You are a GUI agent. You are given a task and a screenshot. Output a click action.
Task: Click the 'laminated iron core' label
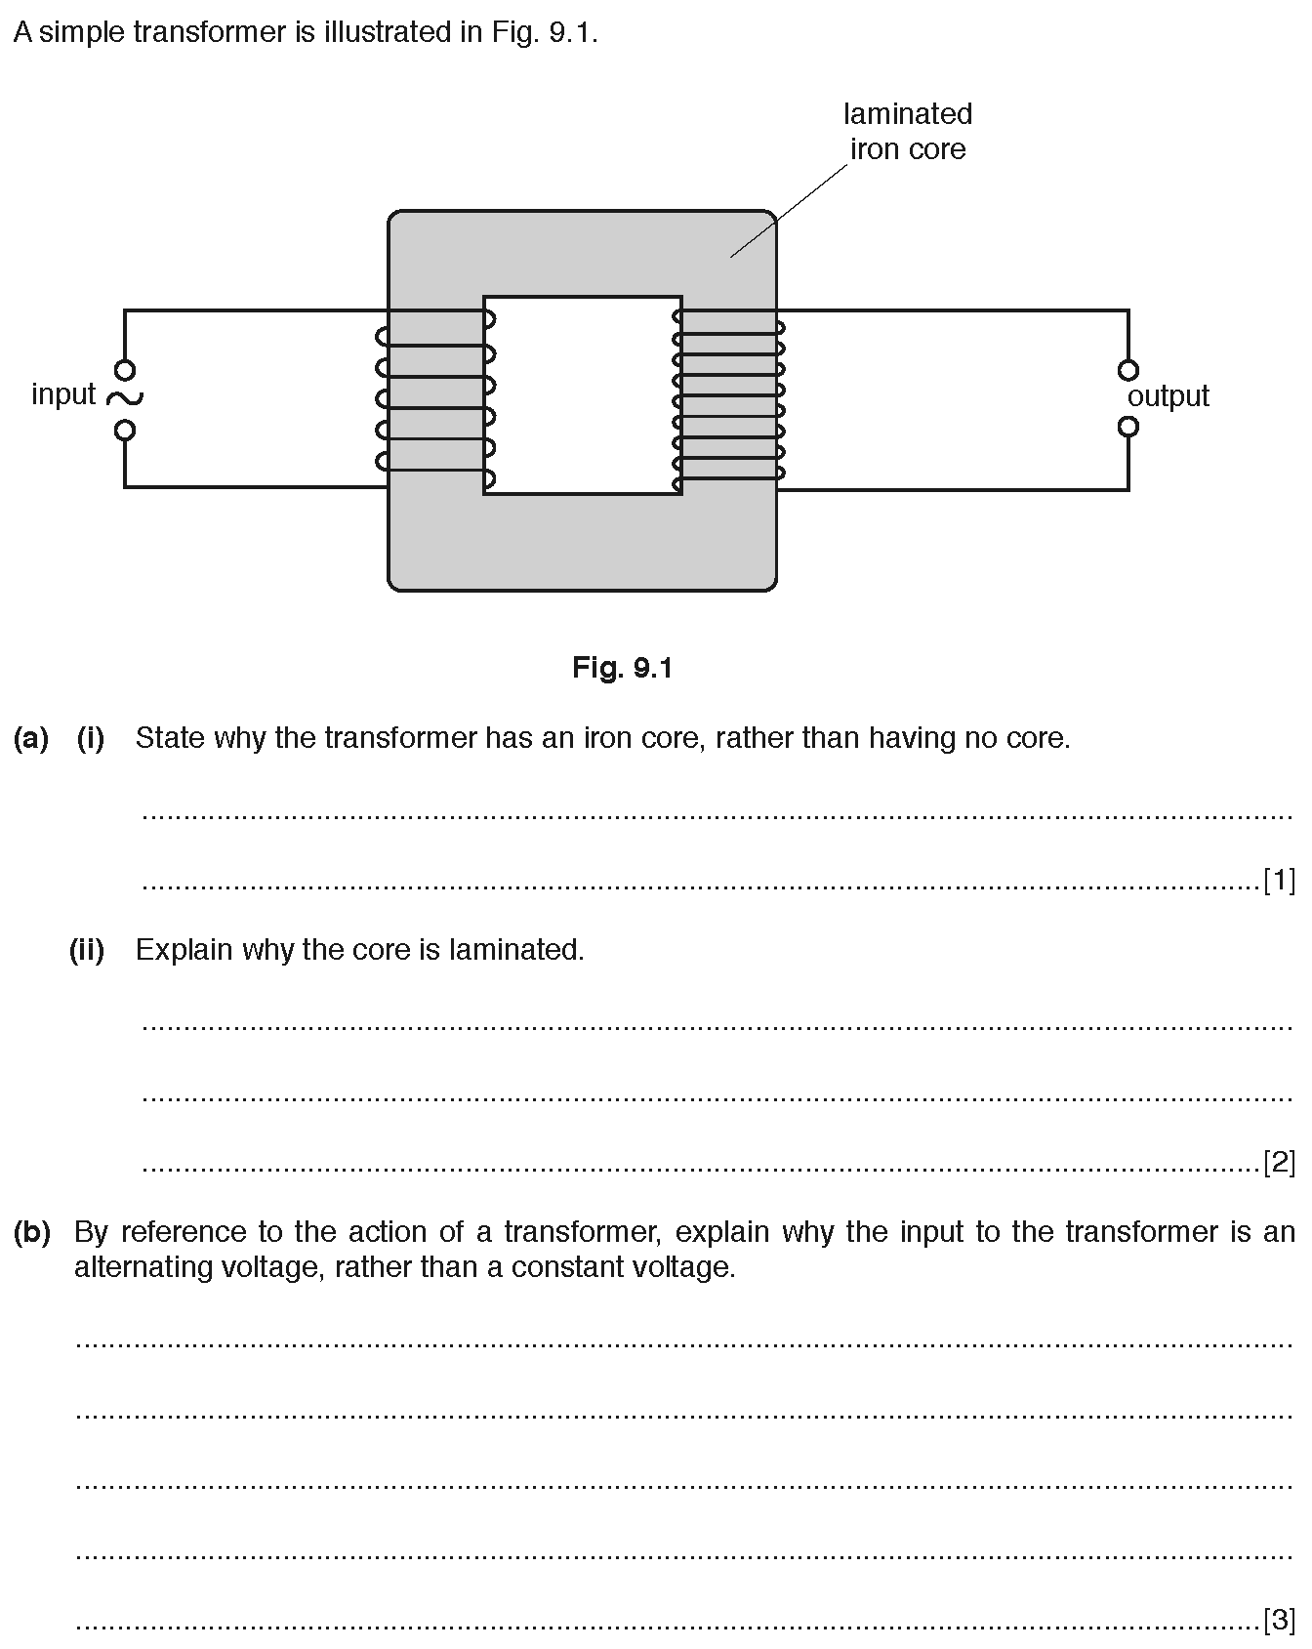click(908, 132)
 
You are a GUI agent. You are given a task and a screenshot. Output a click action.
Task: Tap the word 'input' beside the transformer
click(63, 394)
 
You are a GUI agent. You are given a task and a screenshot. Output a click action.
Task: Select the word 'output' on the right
click(1168, 395)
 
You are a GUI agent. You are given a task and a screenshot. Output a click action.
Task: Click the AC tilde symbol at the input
click(125, 396)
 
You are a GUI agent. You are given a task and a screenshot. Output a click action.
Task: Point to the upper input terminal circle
click(125, 370)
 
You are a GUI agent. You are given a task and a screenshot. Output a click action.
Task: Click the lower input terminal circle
click(125, 430)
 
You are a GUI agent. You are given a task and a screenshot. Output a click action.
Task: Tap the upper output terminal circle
click(1128, 370)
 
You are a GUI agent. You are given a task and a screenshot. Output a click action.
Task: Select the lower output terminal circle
click(1128, 427)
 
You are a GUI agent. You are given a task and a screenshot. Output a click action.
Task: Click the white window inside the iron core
click(583, 395)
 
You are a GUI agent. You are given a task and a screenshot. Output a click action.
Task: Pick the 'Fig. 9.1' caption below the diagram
click(623, 668)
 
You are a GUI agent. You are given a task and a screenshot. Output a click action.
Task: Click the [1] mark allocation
click(1279, 881)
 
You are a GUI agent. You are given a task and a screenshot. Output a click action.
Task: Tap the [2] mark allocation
click(1279, 1162)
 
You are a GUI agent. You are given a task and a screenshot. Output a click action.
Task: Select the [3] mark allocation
click(1279, 1620)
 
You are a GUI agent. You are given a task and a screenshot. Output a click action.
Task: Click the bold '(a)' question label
click(31, 738)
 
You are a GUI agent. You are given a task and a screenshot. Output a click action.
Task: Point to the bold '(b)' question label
click(32, 1232)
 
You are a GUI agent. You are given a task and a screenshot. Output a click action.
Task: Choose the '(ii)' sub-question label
click(87, 950)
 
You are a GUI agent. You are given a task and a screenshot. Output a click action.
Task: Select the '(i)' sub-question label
click(91, 738)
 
